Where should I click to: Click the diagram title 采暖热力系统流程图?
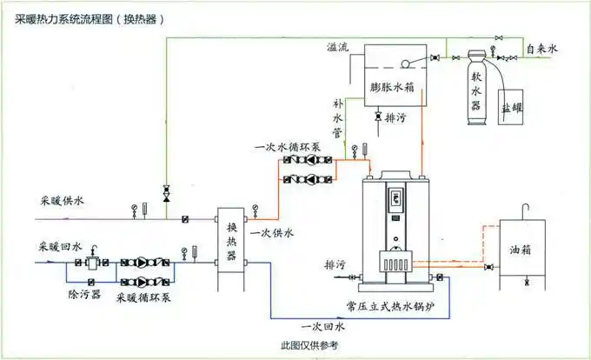click(74, 17)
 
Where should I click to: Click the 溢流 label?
click(338, 47)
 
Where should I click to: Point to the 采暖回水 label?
click(61, 247)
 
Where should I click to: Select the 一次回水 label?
click(323, 326)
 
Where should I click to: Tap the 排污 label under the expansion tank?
click(395, 117)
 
